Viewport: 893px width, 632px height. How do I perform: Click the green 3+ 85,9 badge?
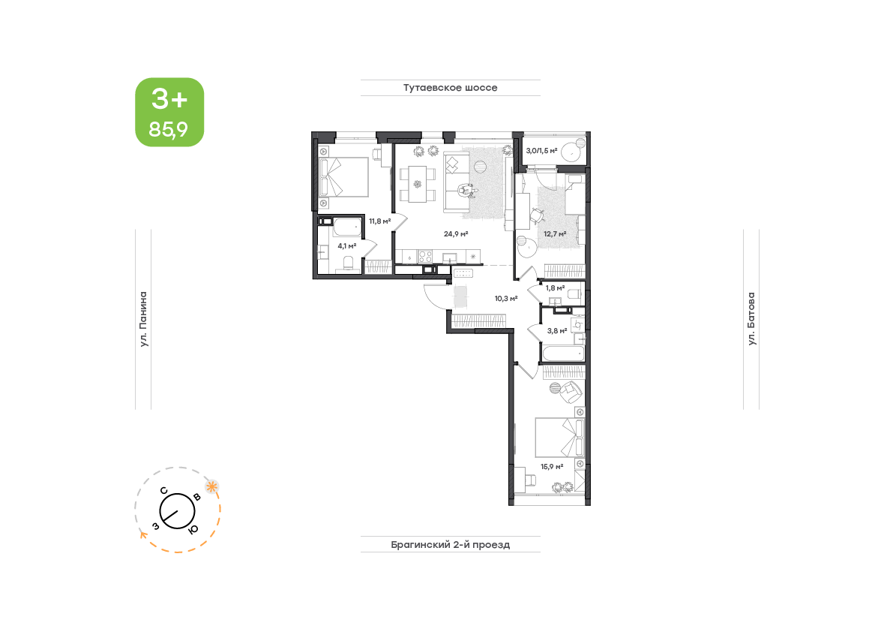(169, 113)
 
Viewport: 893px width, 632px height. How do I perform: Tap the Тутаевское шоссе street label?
(450, 88)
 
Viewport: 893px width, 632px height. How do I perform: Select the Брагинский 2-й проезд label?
(450, 545)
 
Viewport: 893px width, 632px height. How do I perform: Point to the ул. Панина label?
(143, 319)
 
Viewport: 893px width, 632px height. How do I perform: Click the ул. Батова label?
(752, 318)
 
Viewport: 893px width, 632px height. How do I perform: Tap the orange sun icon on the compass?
(212, 486)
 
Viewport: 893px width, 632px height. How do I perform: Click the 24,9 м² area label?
(456, 233)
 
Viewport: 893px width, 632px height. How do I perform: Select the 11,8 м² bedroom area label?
(380, 221)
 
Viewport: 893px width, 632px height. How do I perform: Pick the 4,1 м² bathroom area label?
(347, 246)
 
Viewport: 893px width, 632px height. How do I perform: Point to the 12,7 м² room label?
(555, 233)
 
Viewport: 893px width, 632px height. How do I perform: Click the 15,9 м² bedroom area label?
(552, 466)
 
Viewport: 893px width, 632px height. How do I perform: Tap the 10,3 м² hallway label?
(505, 298)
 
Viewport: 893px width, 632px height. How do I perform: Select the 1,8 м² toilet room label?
(556, 287)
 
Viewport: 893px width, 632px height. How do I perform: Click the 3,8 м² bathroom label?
(557, 330)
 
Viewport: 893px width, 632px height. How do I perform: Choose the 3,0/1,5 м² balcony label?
(541, 150)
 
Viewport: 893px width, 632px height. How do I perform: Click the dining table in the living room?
(418, 184)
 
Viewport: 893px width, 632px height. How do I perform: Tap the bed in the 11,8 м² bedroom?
(344, 177)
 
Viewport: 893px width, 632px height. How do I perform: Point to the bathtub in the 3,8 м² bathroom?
(563, 354)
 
